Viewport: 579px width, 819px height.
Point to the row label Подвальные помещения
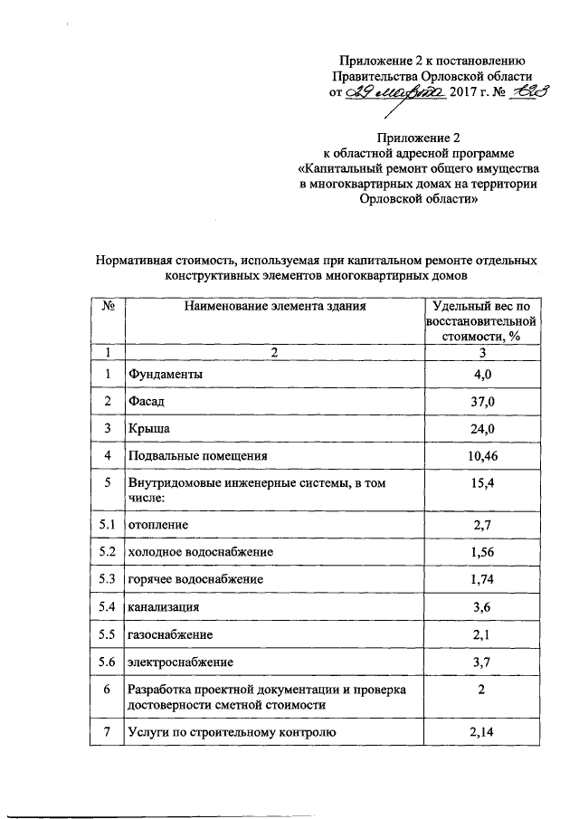pos(197,455)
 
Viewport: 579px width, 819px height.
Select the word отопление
pos(161,524)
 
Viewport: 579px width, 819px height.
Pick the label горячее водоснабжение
pos(196,578)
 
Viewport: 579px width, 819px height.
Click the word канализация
pos(164,606)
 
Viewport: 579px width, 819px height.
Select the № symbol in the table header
pos(107,306)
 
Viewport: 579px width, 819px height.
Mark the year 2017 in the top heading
pos(465,92)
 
